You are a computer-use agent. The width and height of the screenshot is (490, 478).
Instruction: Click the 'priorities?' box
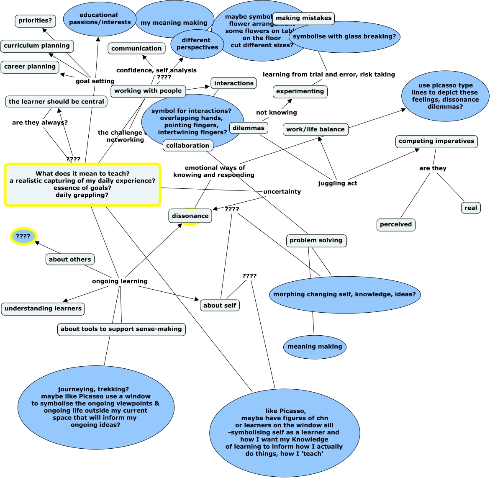tap(35, 21)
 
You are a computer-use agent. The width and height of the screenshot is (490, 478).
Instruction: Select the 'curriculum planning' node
tap(37, 46)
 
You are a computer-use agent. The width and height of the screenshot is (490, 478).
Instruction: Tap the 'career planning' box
tap(30, 67)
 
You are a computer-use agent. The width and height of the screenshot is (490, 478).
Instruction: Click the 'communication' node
tap(136, 49)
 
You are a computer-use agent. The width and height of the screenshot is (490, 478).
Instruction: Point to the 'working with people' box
tap(148, 91)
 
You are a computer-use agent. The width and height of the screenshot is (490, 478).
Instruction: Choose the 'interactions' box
tap(233, 83)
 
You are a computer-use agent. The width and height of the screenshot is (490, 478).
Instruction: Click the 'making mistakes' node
tap(303, 18)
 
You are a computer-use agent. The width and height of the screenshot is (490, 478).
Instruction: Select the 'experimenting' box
tap(300, 91)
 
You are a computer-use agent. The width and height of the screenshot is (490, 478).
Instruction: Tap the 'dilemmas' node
tap(249, 128)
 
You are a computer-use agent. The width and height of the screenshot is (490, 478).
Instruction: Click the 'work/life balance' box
tap(315, 129)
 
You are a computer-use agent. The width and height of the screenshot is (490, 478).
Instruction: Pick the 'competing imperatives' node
tap(436, 141)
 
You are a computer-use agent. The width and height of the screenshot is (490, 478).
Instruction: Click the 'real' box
tap(470, 208)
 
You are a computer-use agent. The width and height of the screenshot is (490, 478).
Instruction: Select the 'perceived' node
tap(395, 224)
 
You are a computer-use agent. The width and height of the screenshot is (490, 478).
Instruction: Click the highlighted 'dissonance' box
tap(190, 216)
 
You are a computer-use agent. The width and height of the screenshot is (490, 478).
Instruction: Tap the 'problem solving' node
tap(316, 240)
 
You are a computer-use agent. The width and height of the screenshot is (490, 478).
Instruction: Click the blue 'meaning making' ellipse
tap(315, 347)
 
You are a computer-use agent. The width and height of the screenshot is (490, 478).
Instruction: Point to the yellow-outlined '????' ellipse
tap(23, 236)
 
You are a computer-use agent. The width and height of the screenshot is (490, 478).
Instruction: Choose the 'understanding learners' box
tap(43, 308)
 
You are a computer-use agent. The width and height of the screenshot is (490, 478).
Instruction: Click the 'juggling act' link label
tap(337, 183)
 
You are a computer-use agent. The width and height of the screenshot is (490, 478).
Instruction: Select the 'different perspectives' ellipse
tap(197, 44)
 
